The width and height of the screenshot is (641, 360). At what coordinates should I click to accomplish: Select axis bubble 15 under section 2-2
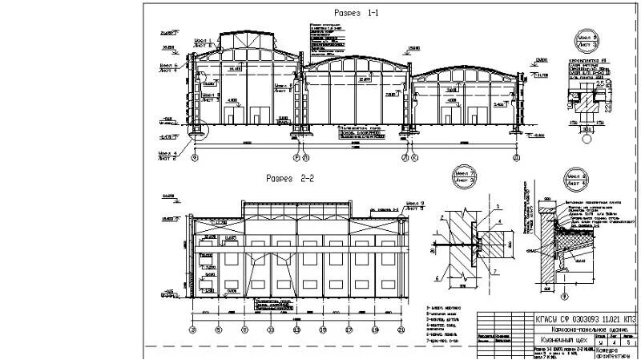pyautogui.click(x=322, y=329)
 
